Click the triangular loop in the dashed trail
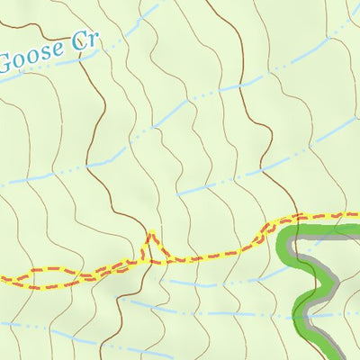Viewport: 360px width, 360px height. coord(154,250)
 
